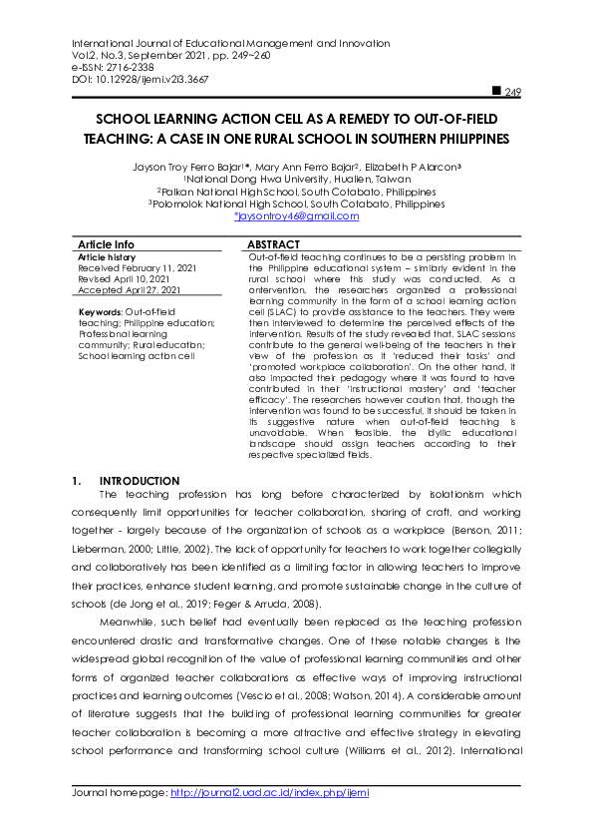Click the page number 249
(513, 93)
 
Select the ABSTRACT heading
(273, 244)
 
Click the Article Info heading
(106, 244)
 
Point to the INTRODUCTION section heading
(140, 481)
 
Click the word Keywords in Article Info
(101, 312)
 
